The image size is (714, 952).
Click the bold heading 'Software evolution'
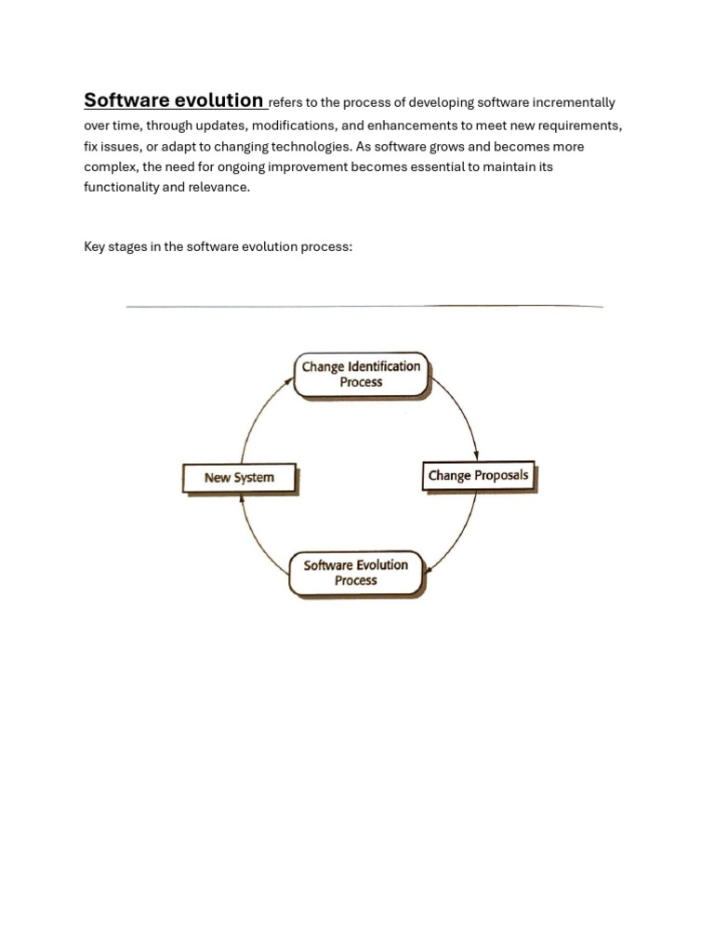point(173,100)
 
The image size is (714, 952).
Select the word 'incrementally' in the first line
point(574,103)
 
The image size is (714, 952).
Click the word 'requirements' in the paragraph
point(580,125)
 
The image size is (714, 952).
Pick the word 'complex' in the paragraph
point(108,167)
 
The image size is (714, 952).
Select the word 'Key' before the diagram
point(95,247)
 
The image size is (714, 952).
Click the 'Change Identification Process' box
point(361,375)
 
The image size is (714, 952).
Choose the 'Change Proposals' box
point(479,476)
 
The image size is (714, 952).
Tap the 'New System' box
point(239,478)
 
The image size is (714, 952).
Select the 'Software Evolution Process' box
point(356,573)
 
